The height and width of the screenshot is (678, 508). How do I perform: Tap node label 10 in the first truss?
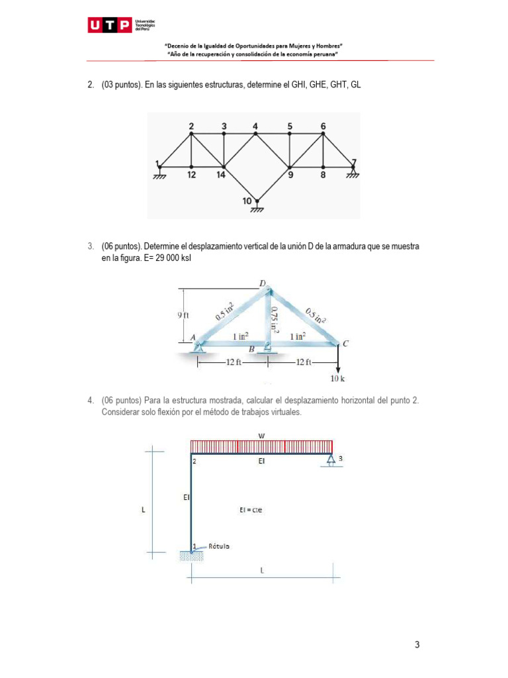point(247,201)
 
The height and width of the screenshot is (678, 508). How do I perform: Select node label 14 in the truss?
point(220,175)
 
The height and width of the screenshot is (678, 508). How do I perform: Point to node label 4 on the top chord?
point(255,126)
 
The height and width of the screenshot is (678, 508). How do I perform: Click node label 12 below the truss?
point(191,175)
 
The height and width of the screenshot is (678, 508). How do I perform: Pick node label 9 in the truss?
point(290,175)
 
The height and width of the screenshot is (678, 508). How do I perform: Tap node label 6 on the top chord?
point(323,126)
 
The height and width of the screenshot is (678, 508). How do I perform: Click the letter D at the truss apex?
point(263,284)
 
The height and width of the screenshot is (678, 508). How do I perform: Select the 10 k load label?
point(337,379)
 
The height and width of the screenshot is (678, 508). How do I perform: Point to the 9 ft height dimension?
point(183,316)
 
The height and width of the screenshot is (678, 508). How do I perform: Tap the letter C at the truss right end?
point(345,343)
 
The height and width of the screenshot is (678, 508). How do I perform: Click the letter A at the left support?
point(193,337)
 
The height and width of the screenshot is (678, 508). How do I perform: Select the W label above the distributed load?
point(261,434)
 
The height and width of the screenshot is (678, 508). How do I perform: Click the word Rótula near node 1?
point(219,546)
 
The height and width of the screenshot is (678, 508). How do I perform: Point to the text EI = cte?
point(252,510)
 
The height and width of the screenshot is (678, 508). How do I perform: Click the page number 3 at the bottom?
point(417,645)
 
